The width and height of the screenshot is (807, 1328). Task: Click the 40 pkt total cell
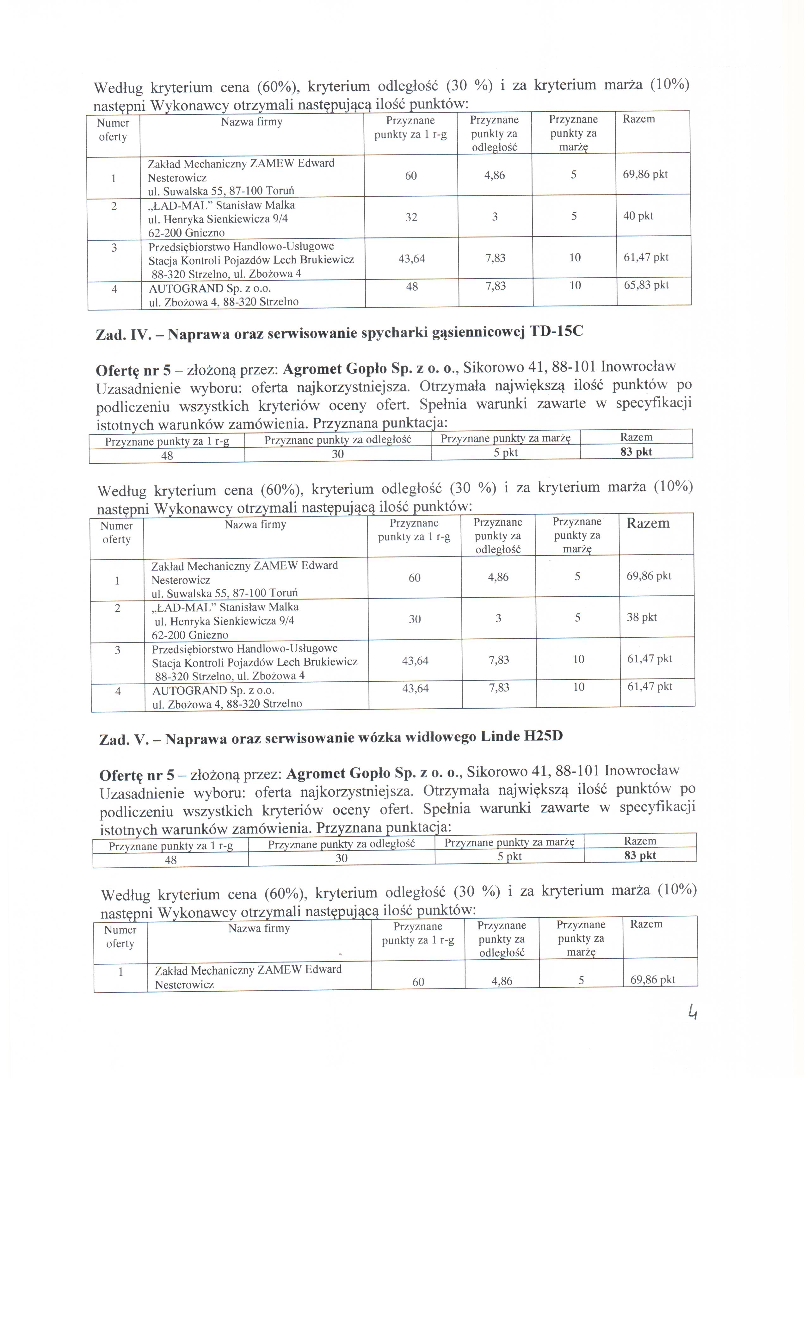638,216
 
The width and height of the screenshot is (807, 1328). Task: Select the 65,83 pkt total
646,285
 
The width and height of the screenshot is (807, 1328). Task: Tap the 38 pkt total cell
642,617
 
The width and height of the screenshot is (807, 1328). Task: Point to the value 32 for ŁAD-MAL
411,217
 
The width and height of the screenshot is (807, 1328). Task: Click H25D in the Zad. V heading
543,736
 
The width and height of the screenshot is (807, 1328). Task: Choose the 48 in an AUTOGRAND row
412,287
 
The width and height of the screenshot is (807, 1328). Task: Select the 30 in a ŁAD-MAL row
415,619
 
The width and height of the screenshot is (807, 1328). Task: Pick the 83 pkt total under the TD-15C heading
636,452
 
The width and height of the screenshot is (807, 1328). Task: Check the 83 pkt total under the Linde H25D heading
640,855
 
